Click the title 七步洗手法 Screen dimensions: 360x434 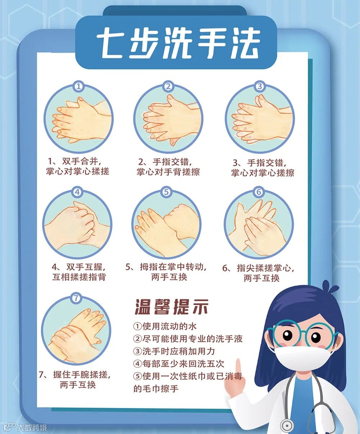coord(179,43)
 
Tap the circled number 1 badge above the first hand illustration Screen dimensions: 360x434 coord(78,86)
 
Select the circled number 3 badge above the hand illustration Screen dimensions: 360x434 coord(260,86)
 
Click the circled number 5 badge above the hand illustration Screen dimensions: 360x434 coord(166,192)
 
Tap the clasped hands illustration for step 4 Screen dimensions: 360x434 coord(77,225)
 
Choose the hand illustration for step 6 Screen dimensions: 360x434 coord(259,225)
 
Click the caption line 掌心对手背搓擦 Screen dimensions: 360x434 coord(168,172)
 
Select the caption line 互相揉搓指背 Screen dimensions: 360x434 coord(79,277)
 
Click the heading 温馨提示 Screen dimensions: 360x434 coord(171,307)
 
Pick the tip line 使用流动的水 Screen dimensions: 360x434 coord(165,326)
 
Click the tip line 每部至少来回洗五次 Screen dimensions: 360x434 coord(179,364)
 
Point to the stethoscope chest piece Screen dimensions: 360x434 coord(287,425)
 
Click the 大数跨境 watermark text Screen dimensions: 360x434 coord(32,428)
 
